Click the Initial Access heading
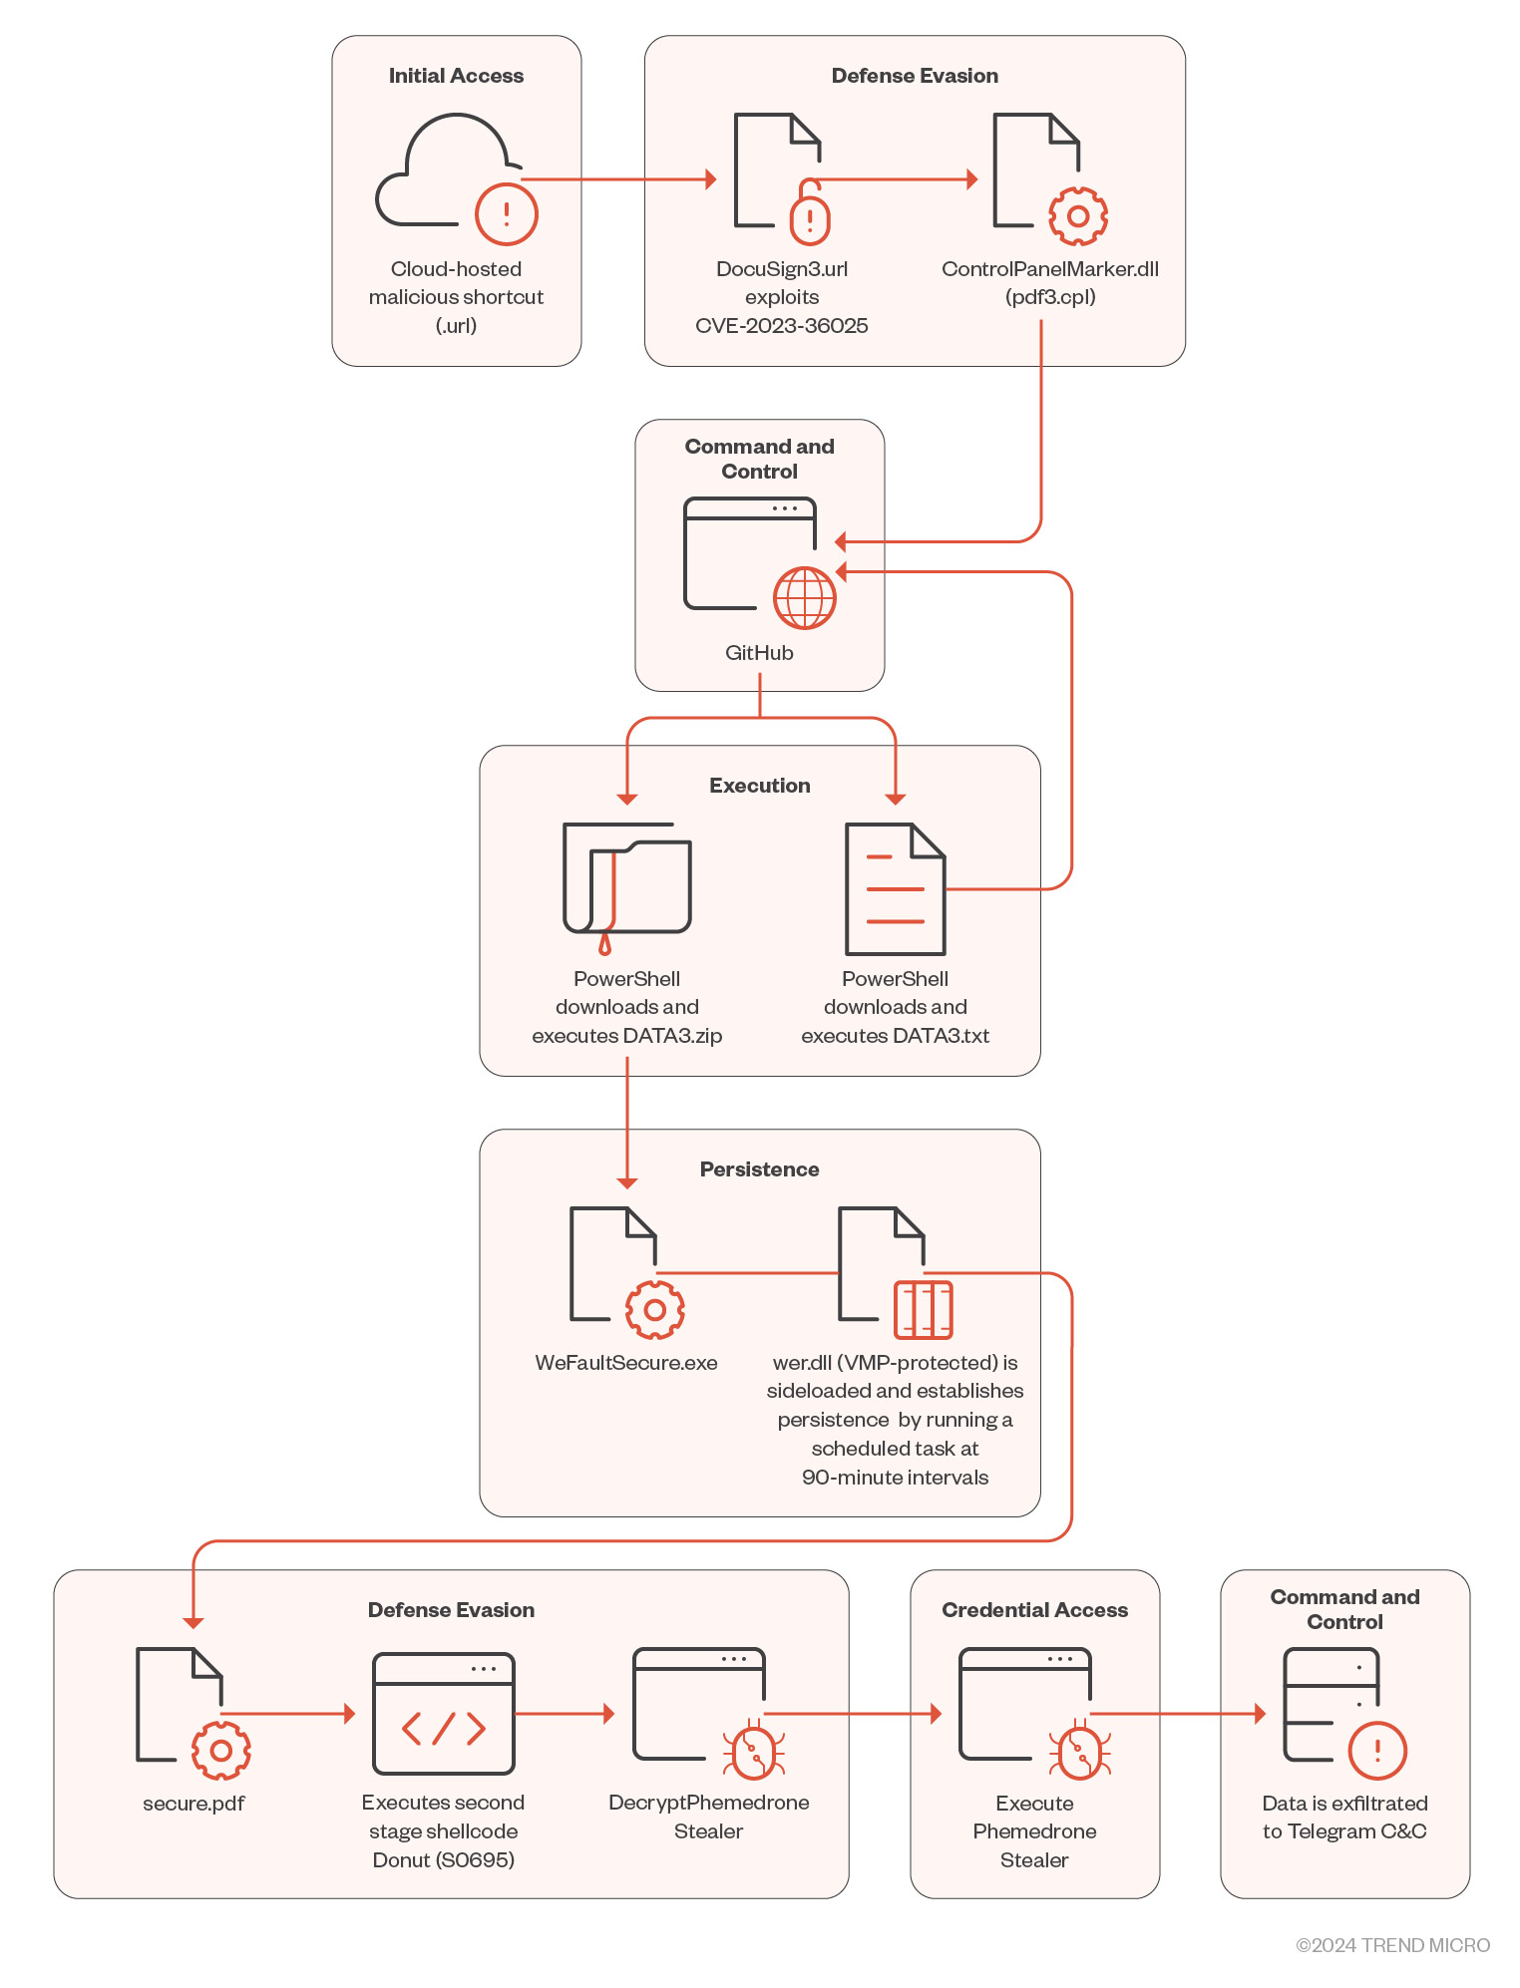pos(456,76)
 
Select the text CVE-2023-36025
pos(781,326)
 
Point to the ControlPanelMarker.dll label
pos(1049,269)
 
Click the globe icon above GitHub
pos(805,598)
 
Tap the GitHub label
pos(759,653)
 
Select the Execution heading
pos(759,786)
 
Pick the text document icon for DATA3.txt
pos(895,888)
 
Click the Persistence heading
pos(759,1169)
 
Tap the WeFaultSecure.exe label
pos(626,1363)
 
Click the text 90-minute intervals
pos(895,1478)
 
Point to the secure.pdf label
pos(193,1804)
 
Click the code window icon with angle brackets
pos(444,1714)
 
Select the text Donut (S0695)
pos(443,1860)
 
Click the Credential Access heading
pos(1034,1610)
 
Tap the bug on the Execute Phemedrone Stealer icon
pos(1079,1752)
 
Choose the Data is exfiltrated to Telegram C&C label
pos(1344,1818)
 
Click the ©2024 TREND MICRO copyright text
pos(1392,1945)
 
